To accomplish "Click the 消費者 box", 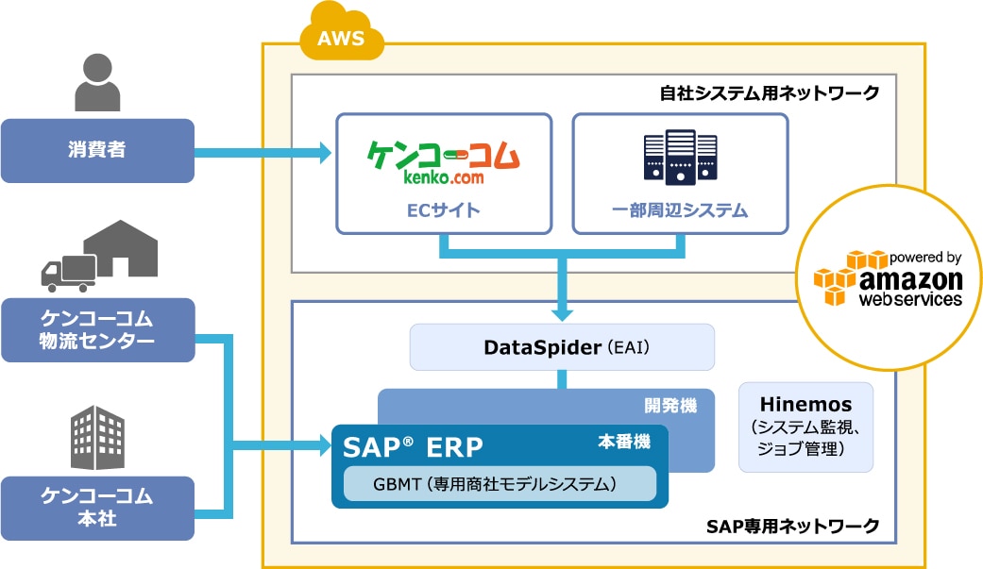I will (x=97, y=150).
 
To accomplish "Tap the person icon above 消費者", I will (x=97, y=82).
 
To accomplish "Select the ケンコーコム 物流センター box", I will (x=97, y=329).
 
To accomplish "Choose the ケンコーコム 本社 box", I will (x=97, y=508).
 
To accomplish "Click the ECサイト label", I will (x=444, y=210).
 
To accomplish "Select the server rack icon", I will (x=680, y=157).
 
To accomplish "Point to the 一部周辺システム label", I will (x=680, y=210).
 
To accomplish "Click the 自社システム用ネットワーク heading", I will (x=770, y=92).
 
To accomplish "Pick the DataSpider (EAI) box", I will (x=562, y=346).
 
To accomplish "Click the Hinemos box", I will (x=805, y=427).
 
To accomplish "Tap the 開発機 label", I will (x=670, y=406).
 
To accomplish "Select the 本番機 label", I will (x=624, y=441).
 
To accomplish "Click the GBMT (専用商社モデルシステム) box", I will (x=500, y=484).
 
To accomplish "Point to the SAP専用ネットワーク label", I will (x=792, y=525).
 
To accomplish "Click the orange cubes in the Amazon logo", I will (x=838, y=277).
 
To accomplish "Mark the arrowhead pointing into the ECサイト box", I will (x=323, y=151).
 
